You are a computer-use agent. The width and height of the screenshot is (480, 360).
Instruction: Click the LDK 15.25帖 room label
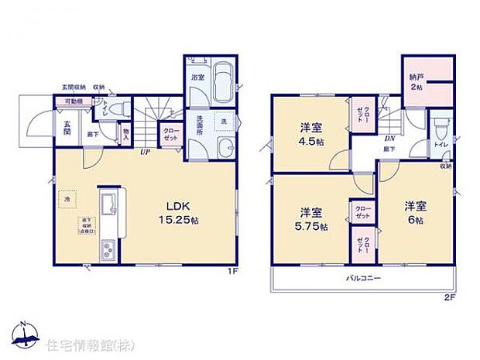[182, 213]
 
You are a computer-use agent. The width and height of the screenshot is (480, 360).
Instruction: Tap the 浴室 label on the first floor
[197, 77]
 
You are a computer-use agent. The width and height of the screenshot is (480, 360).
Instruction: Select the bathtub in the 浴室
[223, 81]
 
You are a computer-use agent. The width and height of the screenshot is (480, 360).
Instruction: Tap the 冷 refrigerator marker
[67, 199]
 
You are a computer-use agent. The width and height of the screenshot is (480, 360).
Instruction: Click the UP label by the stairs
[145, 152]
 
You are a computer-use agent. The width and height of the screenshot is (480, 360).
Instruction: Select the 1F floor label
[232, 272]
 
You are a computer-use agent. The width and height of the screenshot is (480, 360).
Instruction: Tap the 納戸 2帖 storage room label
[417, 84]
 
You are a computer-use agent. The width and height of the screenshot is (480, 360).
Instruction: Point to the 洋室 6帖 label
[415, 213]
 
